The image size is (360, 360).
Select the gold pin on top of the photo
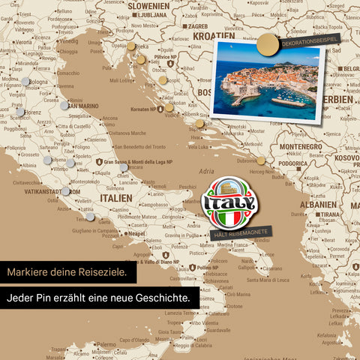(x=266, y=47)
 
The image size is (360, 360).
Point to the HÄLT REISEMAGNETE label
(x=240, y=234)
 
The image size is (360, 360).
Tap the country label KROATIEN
(x=214, y=35)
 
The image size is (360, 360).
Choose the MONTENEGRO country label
(x=300, y=147)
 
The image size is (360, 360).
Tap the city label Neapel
(x=136, y=233)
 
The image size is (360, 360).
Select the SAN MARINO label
(x=83, y=106)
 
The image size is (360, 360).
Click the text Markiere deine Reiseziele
(x=68, y=271)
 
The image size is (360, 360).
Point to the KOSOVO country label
(x=346, y=157)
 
